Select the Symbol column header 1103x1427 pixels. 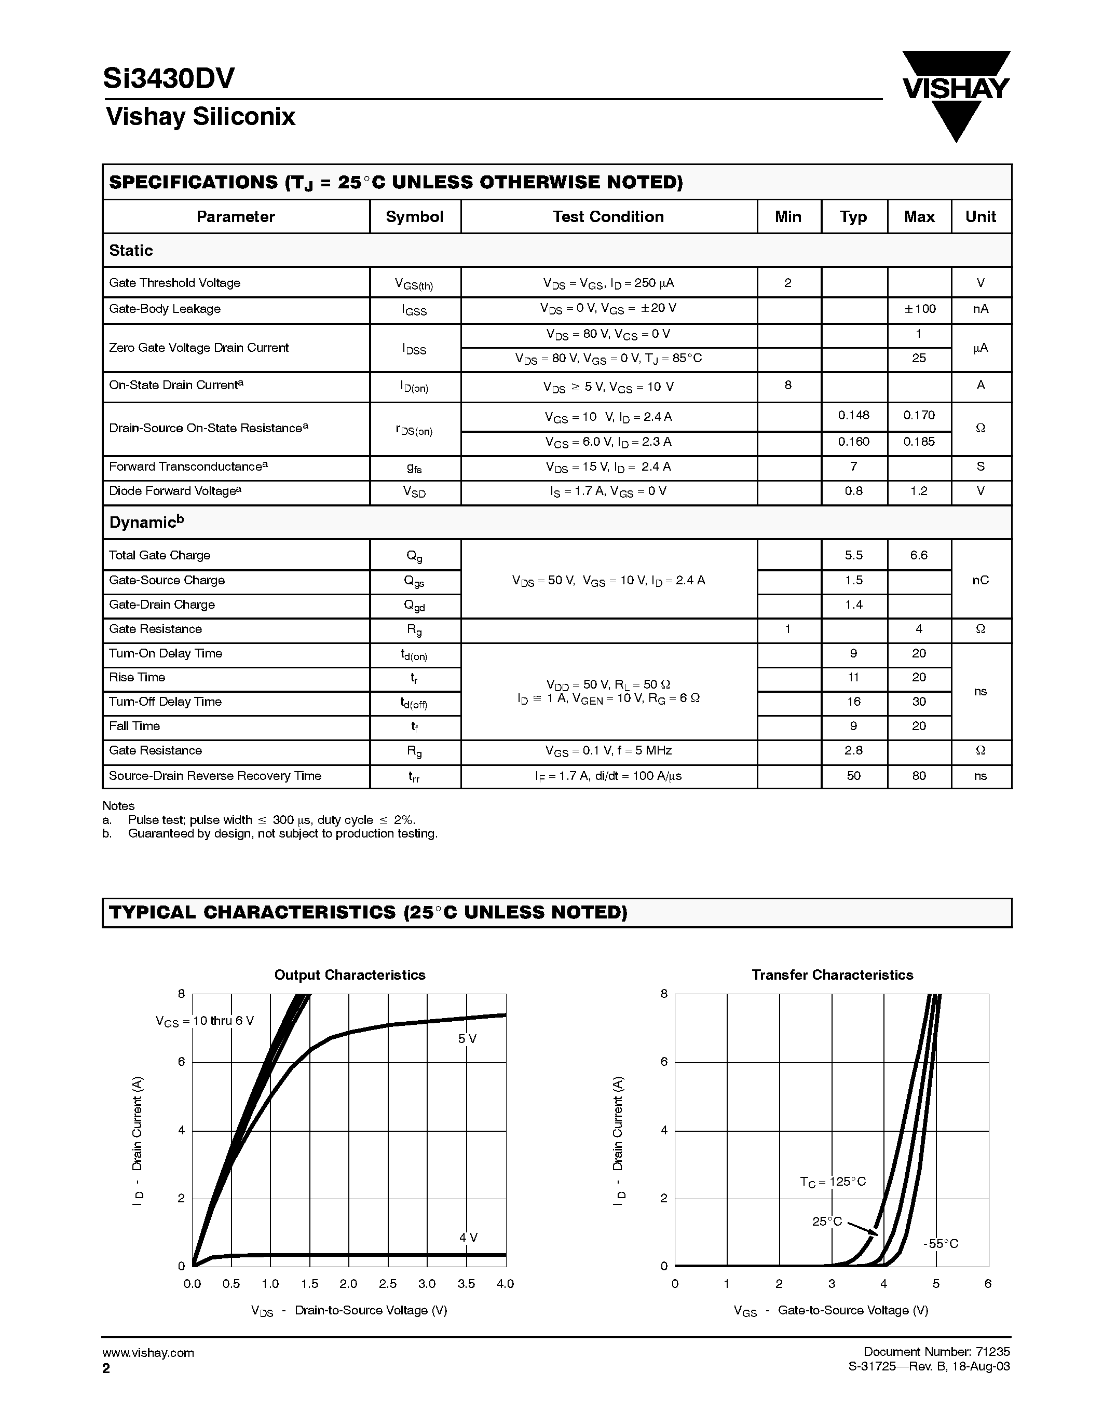pos(414,217)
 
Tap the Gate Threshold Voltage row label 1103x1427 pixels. pos(174,283)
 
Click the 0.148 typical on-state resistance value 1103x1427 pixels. pos(853,416)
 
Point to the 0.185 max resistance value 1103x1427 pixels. pos(919,442)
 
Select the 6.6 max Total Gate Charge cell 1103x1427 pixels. pos(919,555)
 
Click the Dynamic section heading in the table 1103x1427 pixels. pos(146,522)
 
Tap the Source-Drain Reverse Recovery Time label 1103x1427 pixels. pos(215,776)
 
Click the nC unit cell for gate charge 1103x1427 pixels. pos(980,580)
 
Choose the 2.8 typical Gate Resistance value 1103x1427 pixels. pos(853,751)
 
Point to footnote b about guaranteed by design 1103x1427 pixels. pos(282,834)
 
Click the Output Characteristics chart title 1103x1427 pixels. pos(350,975)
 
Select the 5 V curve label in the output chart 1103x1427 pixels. pos(467,1039)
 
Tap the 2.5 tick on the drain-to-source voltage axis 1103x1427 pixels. pos(388,1284)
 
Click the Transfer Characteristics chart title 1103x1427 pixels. pos(832,975)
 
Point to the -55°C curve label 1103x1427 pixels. pos(941,1244)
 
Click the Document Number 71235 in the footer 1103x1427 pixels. pos(936,1352)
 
